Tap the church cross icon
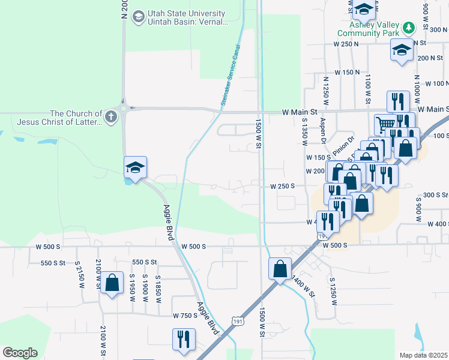pyautogui.click(x=110, y=118)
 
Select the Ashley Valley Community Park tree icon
pyautogui.click(x=409, y=28)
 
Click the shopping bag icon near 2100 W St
pyautogui.click(x=112, y=283)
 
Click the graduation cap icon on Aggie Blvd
pyautogui.click(x=135, y=167)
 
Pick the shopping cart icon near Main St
pyautogui.click(x=385, y=125)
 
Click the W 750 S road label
pyautogui.click(x=185, y=316)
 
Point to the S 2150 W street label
pyautogui.click(x=79, y=274)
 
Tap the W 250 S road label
pyautogui.click(x=282, y=186)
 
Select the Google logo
pyautogui.click(x=20, y=353)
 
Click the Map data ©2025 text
pyautogui.click(x=424, y=355)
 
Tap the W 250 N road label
pyautogui.click(x=346, y=44)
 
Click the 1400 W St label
pyautogui.click(x=301, y=284)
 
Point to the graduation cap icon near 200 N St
pyautogui.click(x=402, y=50)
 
